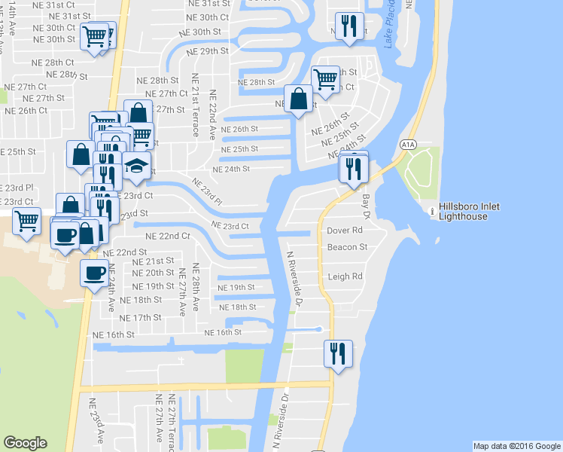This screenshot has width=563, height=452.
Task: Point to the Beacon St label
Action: coord(347,246)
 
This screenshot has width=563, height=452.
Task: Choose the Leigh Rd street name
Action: coord(345,276)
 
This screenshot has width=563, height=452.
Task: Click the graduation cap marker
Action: coord(136,167)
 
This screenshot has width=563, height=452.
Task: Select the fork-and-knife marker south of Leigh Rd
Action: coord(337,353)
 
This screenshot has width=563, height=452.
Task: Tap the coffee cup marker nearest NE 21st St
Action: coord(94,273)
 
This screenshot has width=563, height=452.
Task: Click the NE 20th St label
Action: coord(153,272)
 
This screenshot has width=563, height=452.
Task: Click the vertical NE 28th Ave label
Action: coord(196,287)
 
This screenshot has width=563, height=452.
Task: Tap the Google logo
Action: coord(25,443)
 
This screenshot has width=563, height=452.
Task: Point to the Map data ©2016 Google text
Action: coord(516,446)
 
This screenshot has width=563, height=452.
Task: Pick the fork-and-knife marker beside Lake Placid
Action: coord(348,27)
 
